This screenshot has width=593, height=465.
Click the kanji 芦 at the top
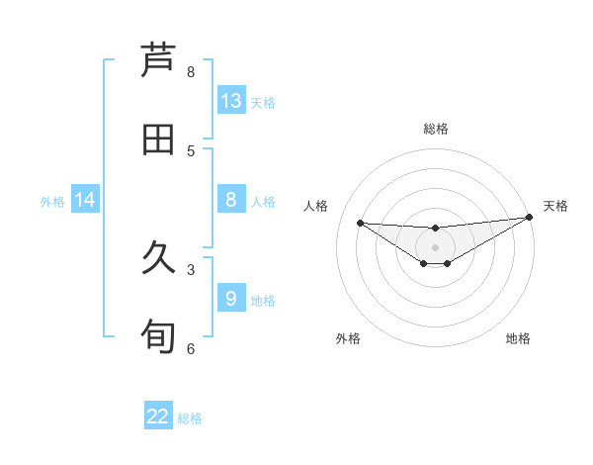click(x=158, y=60)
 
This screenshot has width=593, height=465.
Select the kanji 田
click(x=158, y=139)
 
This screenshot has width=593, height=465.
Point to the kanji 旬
click(x=158, y=336)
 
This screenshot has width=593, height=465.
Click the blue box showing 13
click(x=231, y=101)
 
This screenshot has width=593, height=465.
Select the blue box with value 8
click(x=231, y=200)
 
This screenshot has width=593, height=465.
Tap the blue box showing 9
click(x=231, y=298)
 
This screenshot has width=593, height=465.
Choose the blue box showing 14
click(x=85, y=200)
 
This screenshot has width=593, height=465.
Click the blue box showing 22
click(x=158, y=417)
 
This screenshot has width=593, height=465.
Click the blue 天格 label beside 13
click(x=262, y=103)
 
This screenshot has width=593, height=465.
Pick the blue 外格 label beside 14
click(x=52, y=202)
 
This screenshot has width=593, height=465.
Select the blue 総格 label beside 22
click(x=190, y=418)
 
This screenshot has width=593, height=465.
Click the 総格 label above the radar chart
click(x=435, y=129)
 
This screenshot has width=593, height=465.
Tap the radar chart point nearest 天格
click(x=529, y=218)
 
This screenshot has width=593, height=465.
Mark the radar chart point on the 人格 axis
click(x=360, y=223)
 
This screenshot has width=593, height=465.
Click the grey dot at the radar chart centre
click(x=435, y=246)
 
